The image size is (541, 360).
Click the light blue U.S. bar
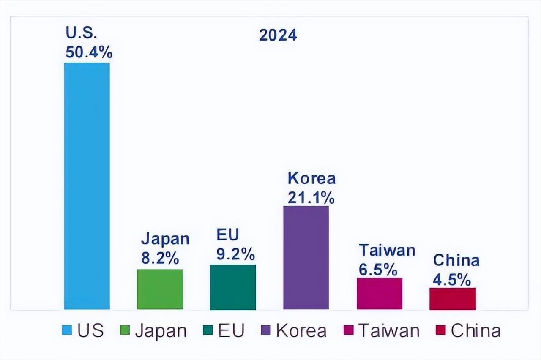click(87, 186)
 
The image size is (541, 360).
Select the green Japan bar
click(160, 289)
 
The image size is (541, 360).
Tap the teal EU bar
click(232, 287)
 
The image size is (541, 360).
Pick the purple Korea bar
click(306, 257)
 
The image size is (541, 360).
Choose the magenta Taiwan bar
click(379, 293)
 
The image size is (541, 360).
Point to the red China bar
click(452, 298)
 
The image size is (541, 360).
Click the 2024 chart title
click(278, 35)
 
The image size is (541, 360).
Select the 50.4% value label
click(89, 52)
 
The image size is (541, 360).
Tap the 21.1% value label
click(311, 197)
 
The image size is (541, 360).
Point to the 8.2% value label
click(160, 259)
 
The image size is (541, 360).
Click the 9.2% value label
click(235, 254)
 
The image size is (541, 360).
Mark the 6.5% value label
click(378, 269)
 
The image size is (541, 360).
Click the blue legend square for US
click(67, 330)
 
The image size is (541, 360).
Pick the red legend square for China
click(441, 330)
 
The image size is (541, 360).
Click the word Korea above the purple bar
click(311, 178)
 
